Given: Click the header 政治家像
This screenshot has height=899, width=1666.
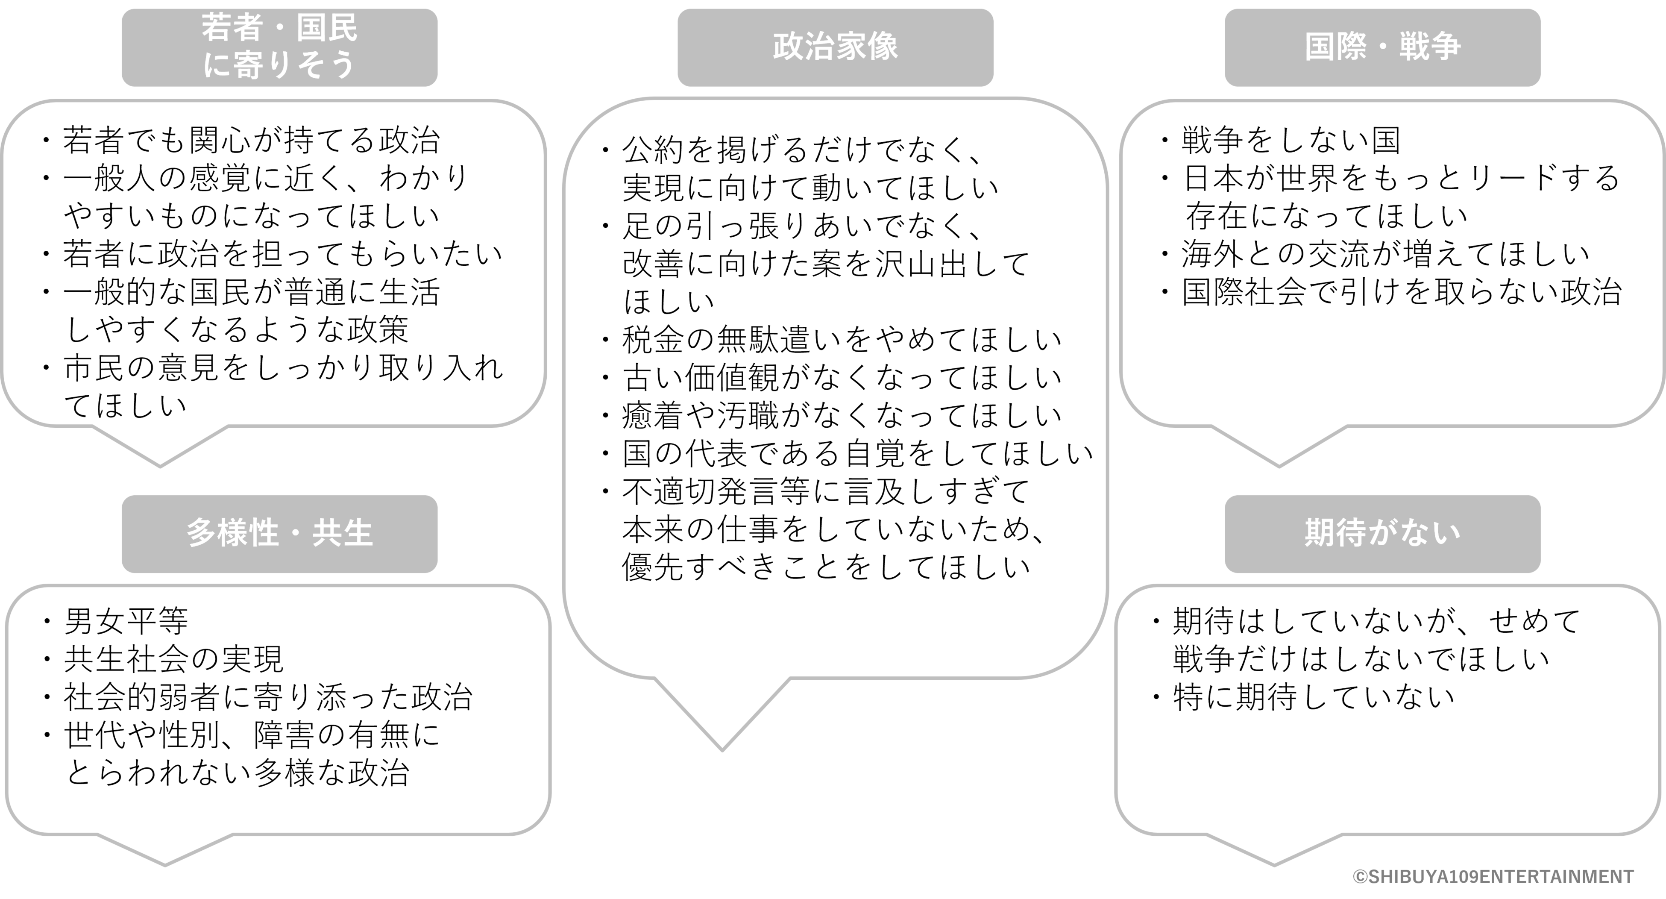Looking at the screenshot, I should (835, 47).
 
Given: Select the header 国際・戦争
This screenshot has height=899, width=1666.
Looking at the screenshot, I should (1382, 47).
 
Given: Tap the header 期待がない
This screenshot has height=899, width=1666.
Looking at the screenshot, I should (1382, 534).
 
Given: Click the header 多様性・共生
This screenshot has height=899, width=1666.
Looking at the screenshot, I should (279, 534).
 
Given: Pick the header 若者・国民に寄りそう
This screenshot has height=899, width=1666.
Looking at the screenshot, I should (279, 47).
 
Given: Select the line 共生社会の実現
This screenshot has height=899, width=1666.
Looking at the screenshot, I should (173, 659).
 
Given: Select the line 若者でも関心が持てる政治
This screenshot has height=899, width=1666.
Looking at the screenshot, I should (251, 140).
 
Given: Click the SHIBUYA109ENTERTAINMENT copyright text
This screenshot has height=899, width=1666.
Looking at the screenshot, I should (1493, 876).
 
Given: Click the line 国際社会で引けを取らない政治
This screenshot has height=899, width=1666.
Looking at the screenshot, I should (1402, 292).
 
